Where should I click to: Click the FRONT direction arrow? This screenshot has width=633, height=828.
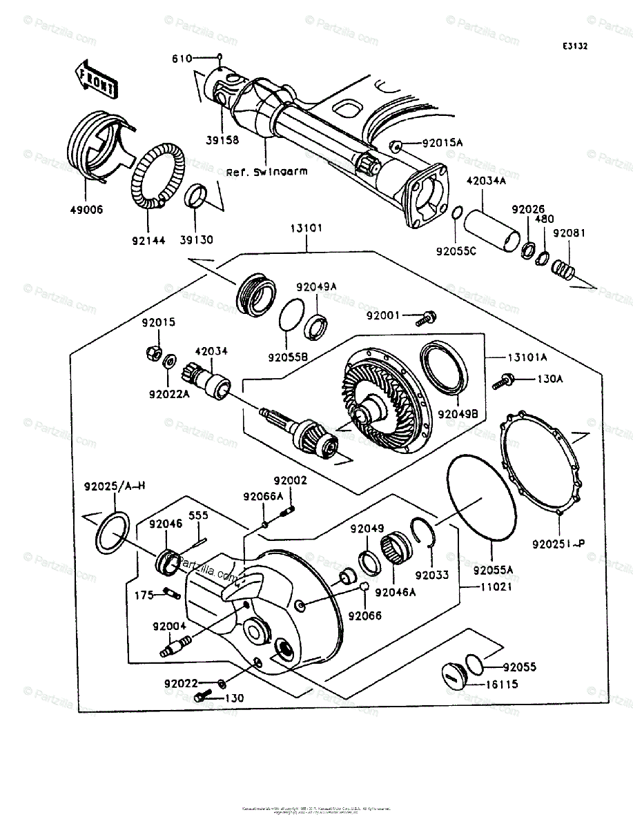(96, 78)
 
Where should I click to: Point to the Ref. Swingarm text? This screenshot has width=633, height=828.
(256, 172)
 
